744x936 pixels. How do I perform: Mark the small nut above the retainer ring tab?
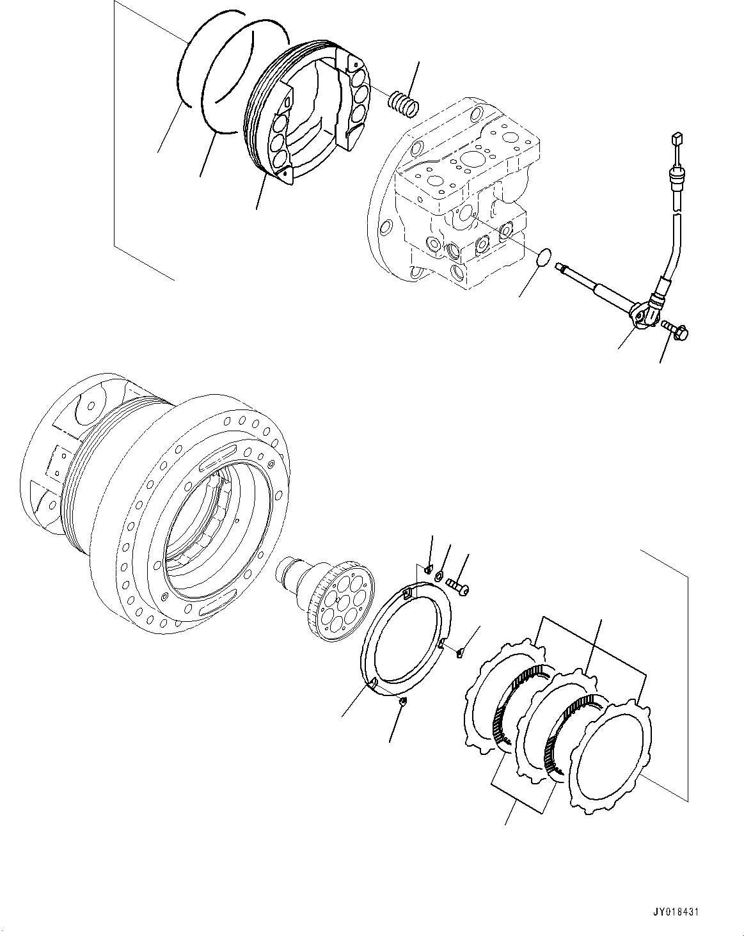click(428, 567)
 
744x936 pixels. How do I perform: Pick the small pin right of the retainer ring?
click(461, 653)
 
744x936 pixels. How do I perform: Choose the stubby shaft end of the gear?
click(288, 569)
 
